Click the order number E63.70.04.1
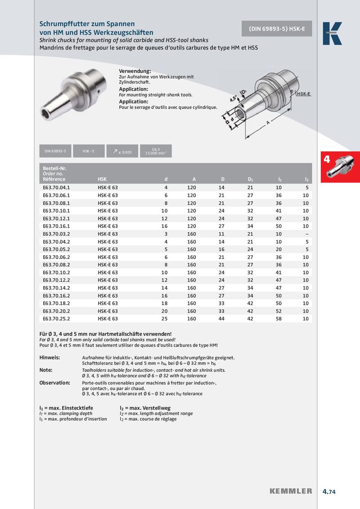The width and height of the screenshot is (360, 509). point(57,187)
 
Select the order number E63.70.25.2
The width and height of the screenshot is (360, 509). point(57,318)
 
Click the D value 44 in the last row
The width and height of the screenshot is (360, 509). point(221,318)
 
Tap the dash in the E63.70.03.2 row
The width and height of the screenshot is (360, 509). point(306,233)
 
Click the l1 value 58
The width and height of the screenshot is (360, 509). point(279,318)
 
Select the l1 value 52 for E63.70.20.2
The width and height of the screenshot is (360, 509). point(279,311)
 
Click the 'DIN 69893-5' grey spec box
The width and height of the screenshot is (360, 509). point(55,152)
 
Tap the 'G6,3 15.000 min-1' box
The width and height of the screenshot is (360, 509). point(156,152)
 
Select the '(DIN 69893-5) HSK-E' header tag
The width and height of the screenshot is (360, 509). point(277,29)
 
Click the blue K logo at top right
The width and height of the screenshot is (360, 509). point(332,34)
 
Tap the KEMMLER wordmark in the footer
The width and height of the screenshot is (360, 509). point(291,491)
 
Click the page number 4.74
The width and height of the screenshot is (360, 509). point(329,491)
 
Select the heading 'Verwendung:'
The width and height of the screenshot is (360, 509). point(135,71)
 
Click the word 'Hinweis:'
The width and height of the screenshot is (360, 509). point(49,357)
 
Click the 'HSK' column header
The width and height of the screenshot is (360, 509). point(102,179)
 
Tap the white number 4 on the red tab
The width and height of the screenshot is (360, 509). point(327,160)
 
